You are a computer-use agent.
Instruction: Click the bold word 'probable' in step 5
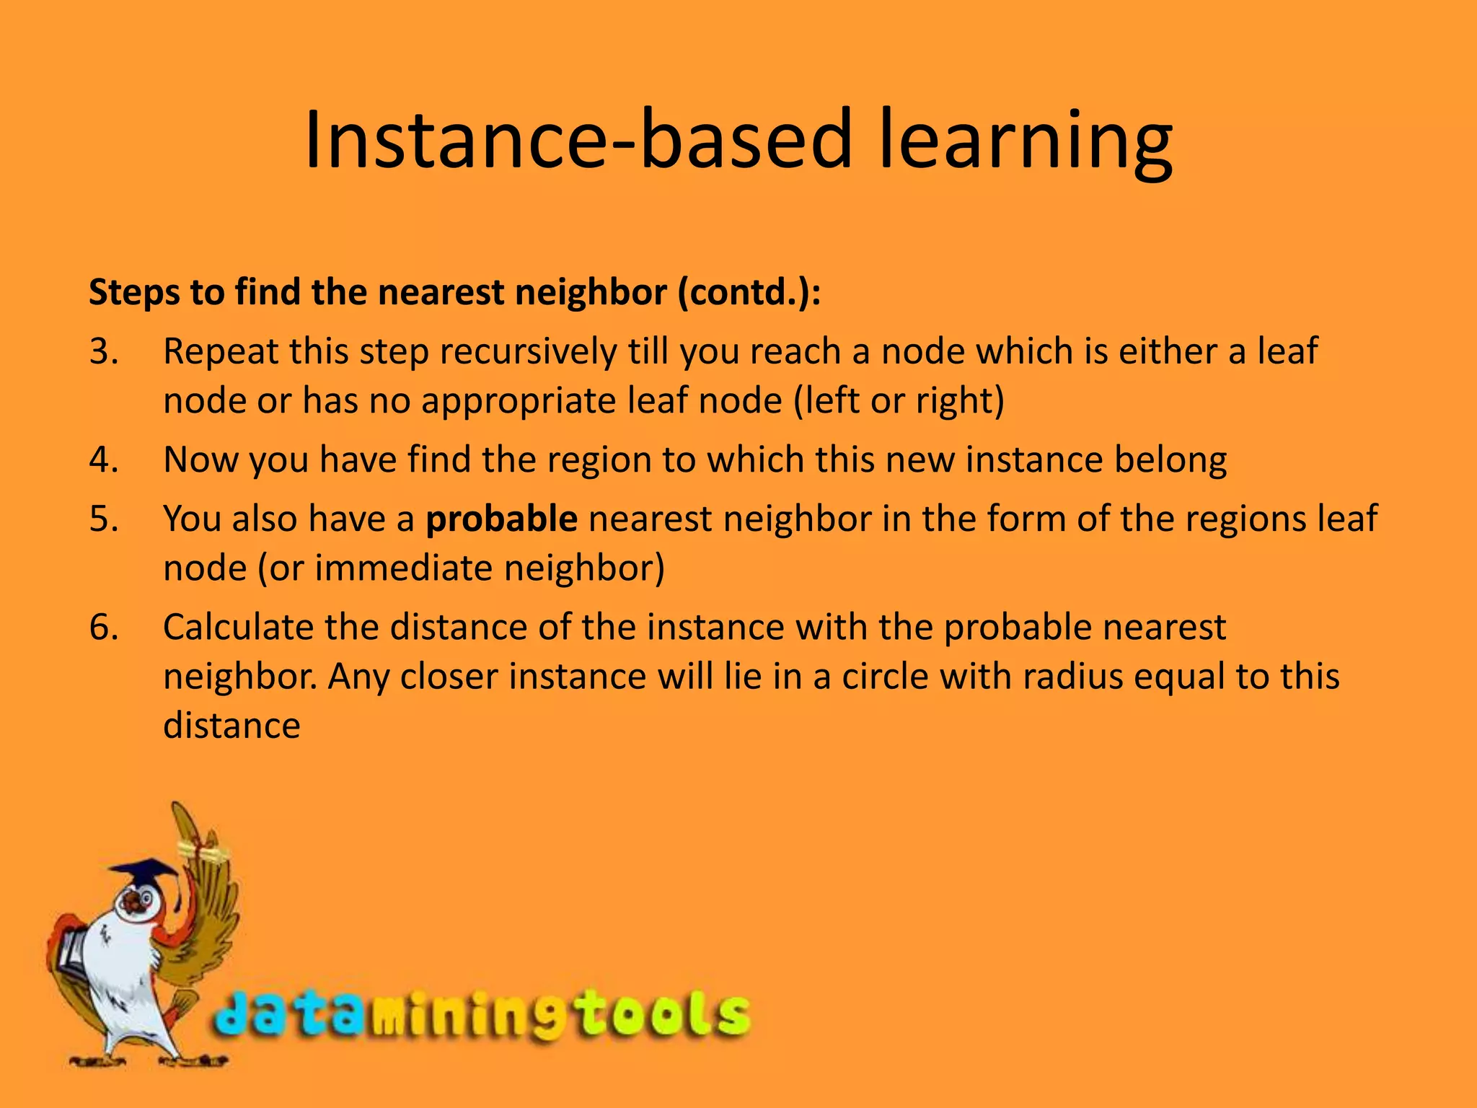pos(501,519)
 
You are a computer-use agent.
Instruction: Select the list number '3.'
pos(104,352)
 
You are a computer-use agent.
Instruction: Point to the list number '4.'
pos(104,460)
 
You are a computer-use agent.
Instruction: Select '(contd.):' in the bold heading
pos(749,293)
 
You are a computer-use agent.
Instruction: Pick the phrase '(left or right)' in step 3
pos(899,401)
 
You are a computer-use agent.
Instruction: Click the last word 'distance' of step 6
pos(232,726)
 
